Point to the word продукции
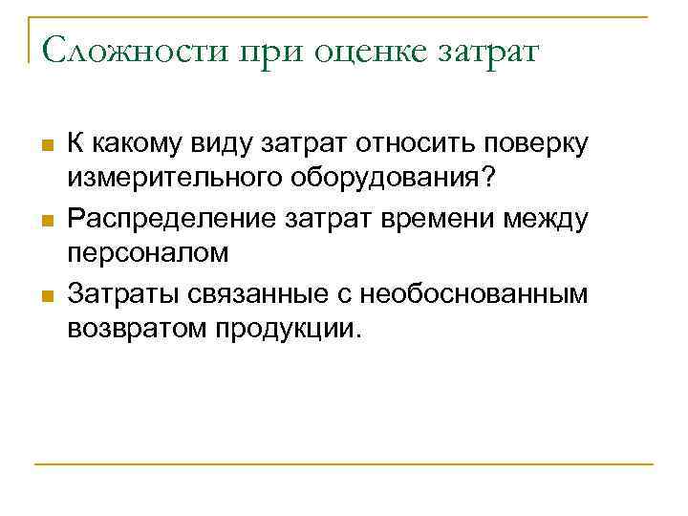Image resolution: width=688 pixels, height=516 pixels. point(288,330)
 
